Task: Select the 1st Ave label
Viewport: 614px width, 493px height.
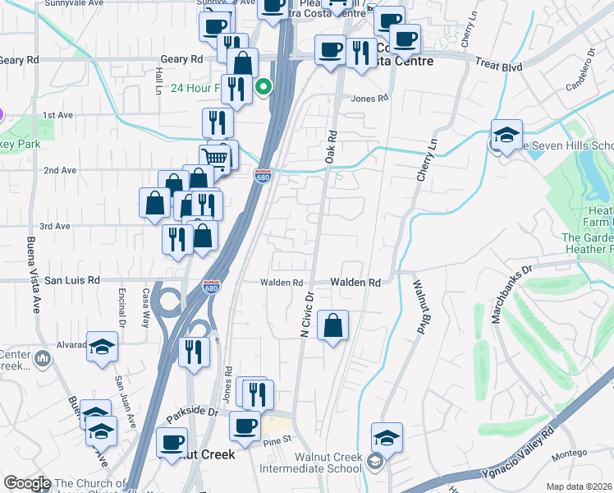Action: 60,115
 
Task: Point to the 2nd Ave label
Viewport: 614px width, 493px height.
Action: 60,170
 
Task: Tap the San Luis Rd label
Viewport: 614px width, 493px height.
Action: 71,280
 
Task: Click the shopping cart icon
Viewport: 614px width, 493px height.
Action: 215,156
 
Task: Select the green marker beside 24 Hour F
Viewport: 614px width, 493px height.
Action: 263,86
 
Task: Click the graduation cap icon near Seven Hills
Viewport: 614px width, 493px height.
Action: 507,134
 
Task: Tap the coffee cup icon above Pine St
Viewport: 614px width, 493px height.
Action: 244,426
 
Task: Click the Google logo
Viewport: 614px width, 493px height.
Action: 27,483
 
